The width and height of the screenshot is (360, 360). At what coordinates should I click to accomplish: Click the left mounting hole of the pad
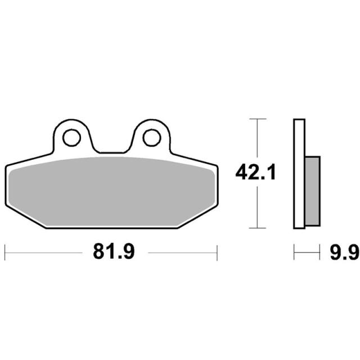71,138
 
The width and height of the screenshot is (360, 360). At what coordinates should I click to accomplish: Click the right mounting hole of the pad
151,138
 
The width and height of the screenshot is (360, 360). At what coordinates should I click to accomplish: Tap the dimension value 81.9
114,251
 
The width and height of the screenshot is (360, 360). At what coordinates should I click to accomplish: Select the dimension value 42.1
255,172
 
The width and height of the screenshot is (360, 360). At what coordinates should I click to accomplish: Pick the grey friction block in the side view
313,191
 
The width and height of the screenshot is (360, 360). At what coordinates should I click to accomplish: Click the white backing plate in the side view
299,174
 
